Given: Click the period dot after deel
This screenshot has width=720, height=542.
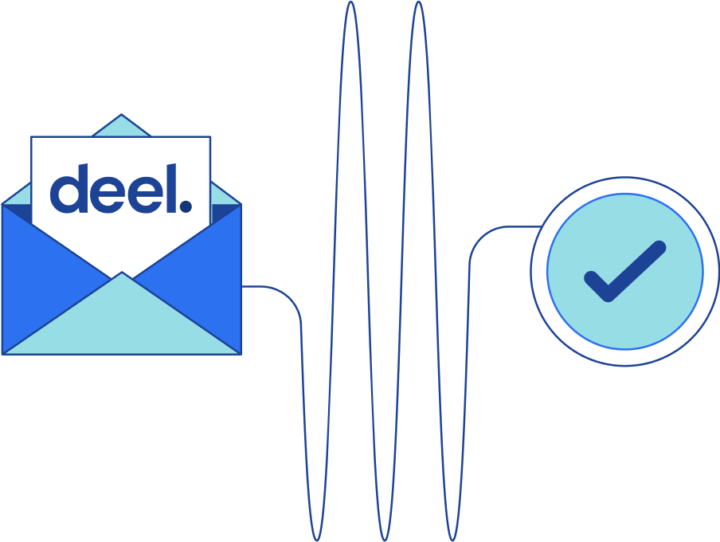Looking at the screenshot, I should (186, 206).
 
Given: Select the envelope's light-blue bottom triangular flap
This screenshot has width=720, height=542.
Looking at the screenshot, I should (122, 319).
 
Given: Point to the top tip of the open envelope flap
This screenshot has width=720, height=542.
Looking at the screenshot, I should (121, 116).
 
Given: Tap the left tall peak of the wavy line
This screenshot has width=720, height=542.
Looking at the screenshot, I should (350, 4).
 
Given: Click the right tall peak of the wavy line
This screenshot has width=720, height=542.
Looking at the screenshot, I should (418, 4).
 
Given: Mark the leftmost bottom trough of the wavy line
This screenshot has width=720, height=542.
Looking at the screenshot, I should (316, 539).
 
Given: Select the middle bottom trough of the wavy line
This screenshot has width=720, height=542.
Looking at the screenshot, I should (384, 539).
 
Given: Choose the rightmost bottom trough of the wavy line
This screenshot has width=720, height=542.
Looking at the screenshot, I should (452, 539).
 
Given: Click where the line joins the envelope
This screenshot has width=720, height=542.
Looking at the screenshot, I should (243, 285).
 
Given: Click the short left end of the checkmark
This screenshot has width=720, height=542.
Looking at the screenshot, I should (592, 279).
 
